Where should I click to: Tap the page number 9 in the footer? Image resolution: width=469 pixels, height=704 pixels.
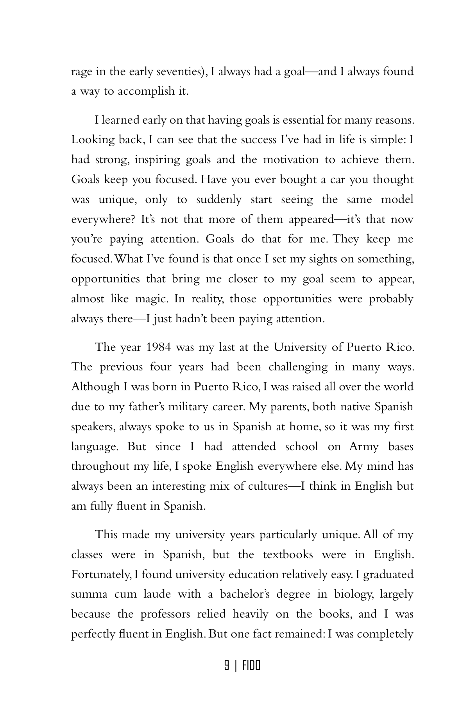(226, 666)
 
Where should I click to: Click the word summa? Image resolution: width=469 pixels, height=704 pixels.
(89, 594)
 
